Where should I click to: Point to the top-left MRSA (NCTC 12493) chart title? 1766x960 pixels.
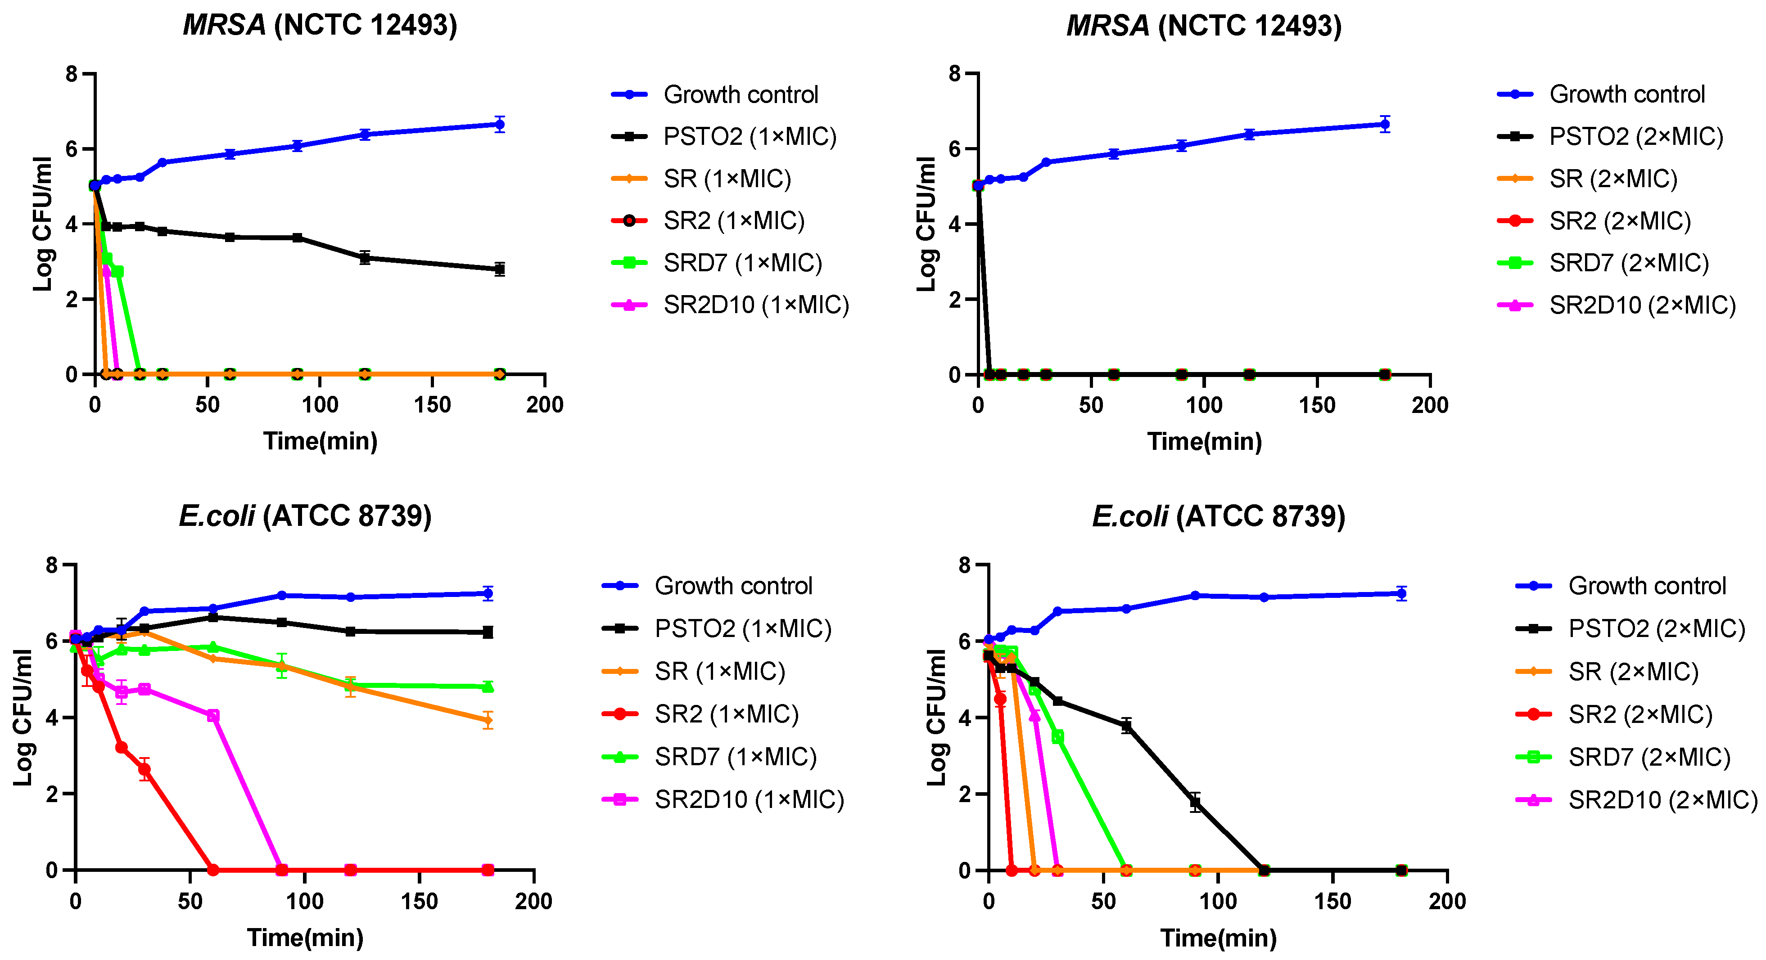[x=320, y=25]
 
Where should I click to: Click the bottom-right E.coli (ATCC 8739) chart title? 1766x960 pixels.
[x=1218, y=516]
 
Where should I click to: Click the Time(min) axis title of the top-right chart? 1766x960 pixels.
[x=1205, y=441]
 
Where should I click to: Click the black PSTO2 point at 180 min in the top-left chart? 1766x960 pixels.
[x=500, y=269]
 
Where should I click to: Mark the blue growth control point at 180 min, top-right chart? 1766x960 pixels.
[x=1385, y=125]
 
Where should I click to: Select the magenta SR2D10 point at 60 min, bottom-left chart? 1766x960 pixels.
[x=213, y=715]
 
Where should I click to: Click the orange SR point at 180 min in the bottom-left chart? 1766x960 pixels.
[x=488, y=720]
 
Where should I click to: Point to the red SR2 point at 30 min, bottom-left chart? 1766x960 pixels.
[x=145, y=770]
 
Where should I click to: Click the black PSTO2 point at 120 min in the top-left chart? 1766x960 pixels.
[x=365, y=258]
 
